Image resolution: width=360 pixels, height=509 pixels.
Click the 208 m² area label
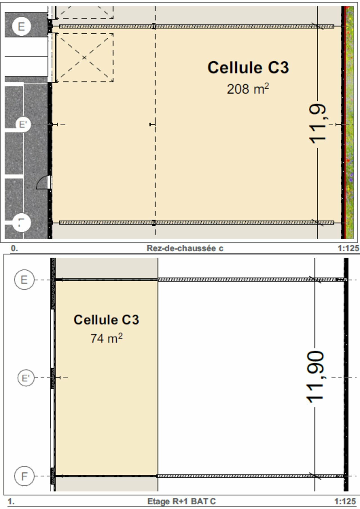248,89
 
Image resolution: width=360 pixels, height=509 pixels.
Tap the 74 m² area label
106,338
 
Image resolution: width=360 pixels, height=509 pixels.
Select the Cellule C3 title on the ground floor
248,68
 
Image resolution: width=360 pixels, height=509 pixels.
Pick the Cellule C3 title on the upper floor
106,320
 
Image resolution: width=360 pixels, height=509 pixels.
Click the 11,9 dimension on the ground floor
318,124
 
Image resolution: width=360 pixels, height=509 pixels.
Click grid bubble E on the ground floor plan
21,26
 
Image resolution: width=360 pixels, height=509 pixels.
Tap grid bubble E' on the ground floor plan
23,124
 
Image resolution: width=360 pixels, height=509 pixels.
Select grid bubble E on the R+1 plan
24,280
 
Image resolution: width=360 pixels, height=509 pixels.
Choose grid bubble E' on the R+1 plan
26,378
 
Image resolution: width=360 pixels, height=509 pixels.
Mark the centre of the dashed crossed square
84,58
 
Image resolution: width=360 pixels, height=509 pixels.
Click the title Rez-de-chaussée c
185,248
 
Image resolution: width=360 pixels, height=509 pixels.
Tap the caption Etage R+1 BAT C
182,501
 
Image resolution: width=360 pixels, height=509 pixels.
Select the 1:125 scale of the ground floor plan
348,248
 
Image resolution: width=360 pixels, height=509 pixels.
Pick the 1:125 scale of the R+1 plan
345,501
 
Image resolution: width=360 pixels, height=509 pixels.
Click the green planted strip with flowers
349,123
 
